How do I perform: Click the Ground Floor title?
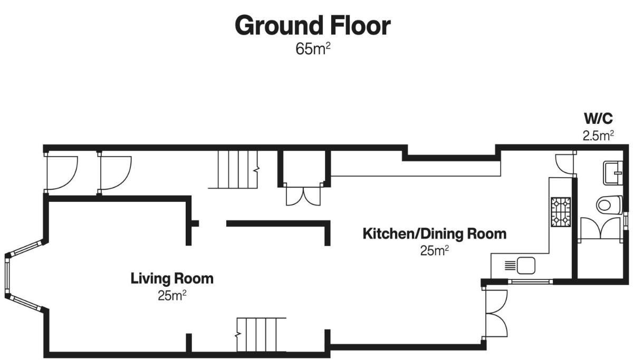[x=312, y=25]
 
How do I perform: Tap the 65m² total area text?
[x=313, y=49]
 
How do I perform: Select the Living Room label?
[x=172, y=278]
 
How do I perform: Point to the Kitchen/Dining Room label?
[x=434, y=234]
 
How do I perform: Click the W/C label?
[x=598, y=119]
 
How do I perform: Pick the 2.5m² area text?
[x=598, y=135]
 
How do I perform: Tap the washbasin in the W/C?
[x=612, y=173]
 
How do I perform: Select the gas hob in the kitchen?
[x=561, y=212]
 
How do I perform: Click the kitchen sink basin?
[x=526, y=266]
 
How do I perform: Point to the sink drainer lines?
[x=510, y=266]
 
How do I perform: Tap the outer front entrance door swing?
[x=62, y=173]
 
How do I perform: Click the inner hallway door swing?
[x=116, y=173]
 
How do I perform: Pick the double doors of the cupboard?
[x=303, y=195]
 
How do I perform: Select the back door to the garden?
[x=496, y=313]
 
